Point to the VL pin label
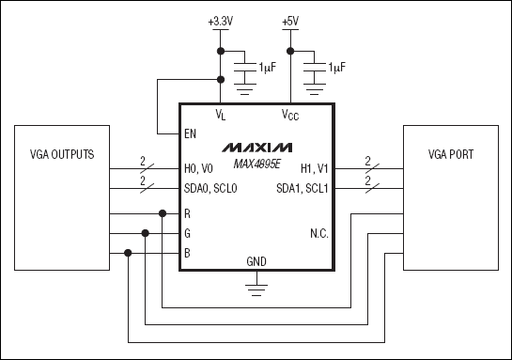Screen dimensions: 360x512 (221, 115)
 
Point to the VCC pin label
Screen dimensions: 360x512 (291, 115)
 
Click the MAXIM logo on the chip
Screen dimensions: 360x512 (257, 149)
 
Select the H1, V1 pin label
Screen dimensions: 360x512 (317, 169)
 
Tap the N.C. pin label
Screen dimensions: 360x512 (319, 232)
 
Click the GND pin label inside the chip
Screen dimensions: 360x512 (256, 260)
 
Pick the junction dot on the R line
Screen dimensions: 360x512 (163, 214)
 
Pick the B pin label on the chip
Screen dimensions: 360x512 (188, 252)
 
